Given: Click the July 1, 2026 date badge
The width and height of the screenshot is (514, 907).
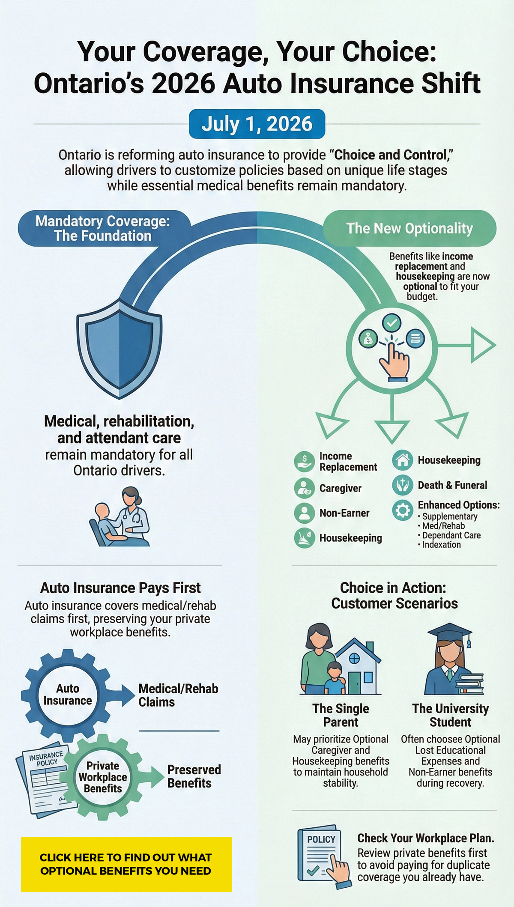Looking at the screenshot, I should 257,124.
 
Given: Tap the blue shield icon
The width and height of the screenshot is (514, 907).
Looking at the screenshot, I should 119,348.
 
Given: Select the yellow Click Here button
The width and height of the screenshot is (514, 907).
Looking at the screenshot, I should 126,864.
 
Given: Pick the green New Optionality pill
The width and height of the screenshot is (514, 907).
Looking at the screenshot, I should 409,228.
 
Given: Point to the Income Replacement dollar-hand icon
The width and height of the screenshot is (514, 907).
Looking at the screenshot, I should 304,462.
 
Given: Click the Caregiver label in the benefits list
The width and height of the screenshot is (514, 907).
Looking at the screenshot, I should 340,488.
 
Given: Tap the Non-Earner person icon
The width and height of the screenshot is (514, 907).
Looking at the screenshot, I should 304,513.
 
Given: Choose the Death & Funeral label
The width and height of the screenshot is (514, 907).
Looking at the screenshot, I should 452,485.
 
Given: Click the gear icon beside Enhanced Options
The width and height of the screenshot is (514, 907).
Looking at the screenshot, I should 403,510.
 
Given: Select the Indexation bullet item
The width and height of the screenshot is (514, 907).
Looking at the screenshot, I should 441,545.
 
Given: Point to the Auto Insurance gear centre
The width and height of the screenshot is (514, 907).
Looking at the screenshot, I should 68,695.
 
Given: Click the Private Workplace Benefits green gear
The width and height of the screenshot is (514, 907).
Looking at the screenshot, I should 103,777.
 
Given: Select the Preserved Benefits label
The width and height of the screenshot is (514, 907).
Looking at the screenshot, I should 194,776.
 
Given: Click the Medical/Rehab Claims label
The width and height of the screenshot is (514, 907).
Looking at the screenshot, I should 178,695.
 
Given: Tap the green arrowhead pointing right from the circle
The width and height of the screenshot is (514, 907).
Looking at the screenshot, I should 483,345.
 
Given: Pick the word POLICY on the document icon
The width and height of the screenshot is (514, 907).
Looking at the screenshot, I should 321,839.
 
